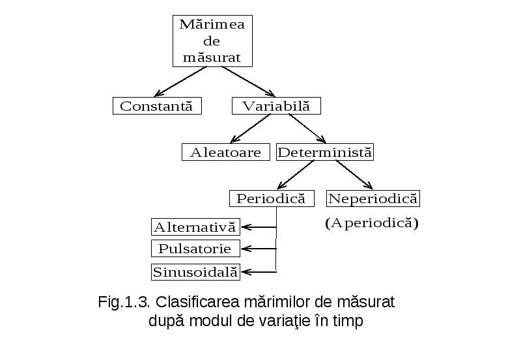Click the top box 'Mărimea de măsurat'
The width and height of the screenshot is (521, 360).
pyautogui.click(x=212, y=41)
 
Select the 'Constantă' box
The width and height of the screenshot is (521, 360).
pyautogui.click(x=157, y=106)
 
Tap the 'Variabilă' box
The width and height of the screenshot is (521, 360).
pyautogui.click(x=276, y=106)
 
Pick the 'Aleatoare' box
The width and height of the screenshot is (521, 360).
pyautogui.click(x=225, y=152)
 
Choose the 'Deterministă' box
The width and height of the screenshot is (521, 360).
pyautogui.click(x=325, y=152)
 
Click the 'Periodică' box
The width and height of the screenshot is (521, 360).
pyautogui.click(x=272, y=199)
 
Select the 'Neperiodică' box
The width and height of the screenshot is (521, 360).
pyautogui.click(x=373, y=199)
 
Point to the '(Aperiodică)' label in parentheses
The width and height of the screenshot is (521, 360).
pyautogui.click(x=372, y=223)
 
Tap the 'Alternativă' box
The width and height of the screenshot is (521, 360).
pyautogui.click(x=195, y=227)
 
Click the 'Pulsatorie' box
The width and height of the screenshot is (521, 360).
pyautogui.click(x=195, y=249)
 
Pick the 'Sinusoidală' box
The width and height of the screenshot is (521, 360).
pyautogui.click(x=195, y=272)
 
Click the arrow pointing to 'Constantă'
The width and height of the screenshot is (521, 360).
pyautogui.click(x=180, y=81)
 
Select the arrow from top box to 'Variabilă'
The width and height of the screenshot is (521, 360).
pyautogui.click(x=249, y=81)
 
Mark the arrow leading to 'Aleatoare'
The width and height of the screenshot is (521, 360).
pyautogui.click(x=250, y=128)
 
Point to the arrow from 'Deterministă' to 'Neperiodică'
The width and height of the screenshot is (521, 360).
pyautogui.click(x=354, y=174)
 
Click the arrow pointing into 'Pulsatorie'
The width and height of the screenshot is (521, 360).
pyautogui.click(x=259, y=249)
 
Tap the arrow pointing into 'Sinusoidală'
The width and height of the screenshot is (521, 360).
pyautogui.click(x=259, y=272)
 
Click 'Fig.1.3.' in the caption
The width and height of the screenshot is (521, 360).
pyautogui.click(x=124, y=302)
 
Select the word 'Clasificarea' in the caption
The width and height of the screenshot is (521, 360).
pyautogui.click(x=198, y=302)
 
